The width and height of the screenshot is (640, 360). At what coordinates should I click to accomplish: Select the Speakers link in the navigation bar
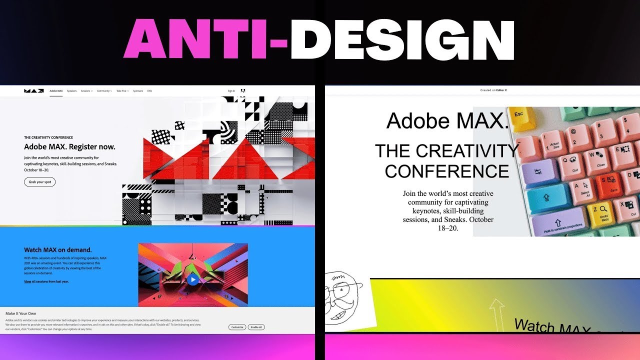(x=72, y=91)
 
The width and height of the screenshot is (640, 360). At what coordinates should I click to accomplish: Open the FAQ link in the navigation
(x=149, y=91)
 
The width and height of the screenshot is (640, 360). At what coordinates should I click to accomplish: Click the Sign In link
(x=231, y=91)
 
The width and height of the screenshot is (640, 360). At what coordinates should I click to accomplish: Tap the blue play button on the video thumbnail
(x=193, y=279)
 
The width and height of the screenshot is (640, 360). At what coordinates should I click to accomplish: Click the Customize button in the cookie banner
(x=237, y=327)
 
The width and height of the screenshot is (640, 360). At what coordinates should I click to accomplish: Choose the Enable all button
(x=256, y=327)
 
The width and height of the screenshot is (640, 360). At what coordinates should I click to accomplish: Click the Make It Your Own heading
(x=20, y=313)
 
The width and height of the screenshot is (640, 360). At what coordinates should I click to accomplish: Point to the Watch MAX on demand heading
(x=57, y=249)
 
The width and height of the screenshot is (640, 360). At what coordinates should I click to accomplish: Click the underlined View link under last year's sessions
(x=27, y=281)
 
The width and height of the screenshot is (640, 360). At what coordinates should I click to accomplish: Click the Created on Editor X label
(x=493, y=90)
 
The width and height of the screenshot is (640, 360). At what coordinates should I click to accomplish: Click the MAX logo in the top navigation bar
(x=33, y=91)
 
